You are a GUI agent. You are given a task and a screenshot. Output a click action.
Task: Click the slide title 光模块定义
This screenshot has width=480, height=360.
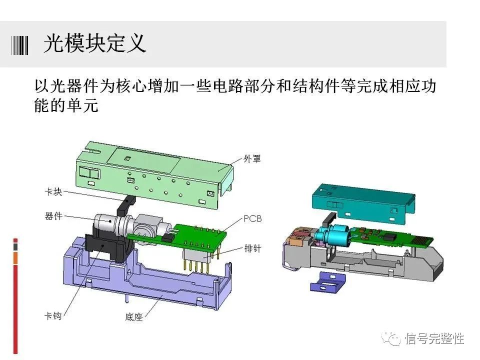click(95, 44)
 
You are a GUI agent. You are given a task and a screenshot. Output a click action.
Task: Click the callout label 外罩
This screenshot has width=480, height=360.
click(252, 159)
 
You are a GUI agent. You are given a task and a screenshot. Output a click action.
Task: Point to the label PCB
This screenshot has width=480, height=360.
click(253, 218)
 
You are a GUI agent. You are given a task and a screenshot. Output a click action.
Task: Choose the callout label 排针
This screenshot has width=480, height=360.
click(252, 247)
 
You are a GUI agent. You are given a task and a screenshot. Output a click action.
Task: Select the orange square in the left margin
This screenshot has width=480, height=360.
click(15, 258)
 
